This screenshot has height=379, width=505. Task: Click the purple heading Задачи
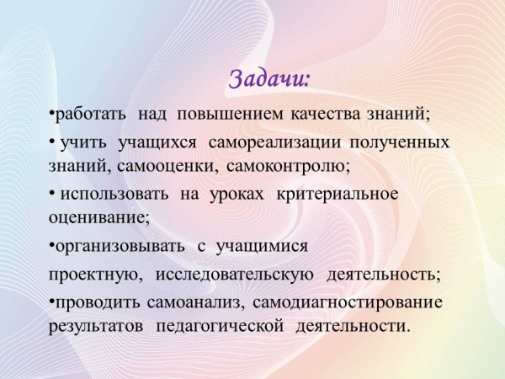click(x=269, y=79)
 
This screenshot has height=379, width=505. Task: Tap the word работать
click(x=91, y=114)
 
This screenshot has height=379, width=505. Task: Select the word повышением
click(x=231, y=114)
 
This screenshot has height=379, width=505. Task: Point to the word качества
click(x=325, y=114)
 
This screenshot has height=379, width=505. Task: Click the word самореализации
click(x=274, y=142)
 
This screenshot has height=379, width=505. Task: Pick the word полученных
click(x=399, y=142)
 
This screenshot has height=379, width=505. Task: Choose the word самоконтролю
click(x=289, y=166)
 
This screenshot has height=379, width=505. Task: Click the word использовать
click(x=114, y=195)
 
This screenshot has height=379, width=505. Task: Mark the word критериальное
click(x=338, y=195)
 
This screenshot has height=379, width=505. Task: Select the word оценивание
click(x=99, y=218)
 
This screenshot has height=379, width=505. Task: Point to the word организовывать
click(x=120, y=247)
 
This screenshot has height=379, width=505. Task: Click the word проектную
click(x=96, y=275)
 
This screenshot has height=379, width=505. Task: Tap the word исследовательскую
click(x=235, y=275)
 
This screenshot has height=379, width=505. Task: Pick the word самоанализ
click(x=194, y=303)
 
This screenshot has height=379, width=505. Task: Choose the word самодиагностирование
click(x=348, y=303)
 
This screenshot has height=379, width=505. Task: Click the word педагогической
click(x=220, y=327)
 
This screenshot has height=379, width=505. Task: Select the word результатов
click(x=96, y=327)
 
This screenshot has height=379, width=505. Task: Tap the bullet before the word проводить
click(x=51, y=301)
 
